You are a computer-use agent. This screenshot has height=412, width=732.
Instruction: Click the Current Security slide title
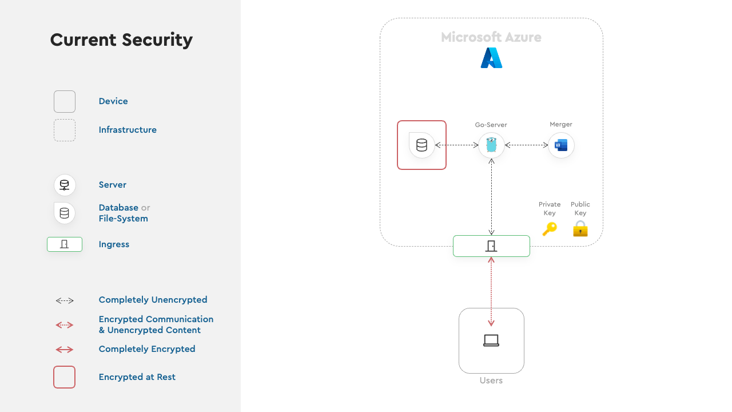(x=121, y=40)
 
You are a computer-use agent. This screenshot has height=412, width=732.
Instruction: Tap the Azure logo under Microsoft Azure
(x=491, y=58)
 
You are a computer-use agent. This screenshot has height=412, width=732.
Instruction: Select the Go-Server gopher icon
(x=491, y=145)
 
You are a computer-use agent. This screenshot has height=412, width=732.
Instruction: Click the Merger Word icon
(x=561, y=145)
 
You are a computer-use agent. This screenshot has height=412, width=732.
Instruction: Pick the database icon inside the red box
(x=421, y=145)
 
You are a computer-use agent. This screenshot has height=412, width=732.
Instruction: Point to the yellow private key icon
(x=550, y=228)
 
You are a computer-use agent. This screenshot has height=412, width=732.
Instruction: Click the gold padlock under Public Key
(x=580, y=228)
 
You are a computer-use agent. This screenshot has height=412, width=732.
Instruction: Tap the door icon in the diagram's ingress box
(x=491, y=246)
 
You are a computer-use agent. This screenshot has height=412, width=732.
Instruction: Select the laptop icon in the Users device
(x=491, y=340)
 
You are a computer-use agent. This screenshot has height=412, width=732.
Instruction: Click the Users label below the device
(x=491, y=381)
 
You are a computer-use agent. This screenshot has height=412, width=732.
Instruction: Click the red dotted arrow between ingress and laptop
(x=491, y=292)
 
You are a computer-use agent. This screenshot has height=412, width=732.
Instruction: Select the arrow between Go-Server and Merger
(x=526, y=145)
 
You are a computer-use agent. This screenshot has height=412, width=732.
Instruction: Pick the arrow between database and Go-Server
(x=456, y=145)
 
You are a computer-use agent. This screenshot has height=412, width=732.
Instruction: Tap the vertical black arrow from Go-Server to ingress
(x=491, y=197)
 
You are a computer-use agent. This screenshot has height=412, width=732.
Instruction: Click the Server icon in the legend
(x=65, y=185)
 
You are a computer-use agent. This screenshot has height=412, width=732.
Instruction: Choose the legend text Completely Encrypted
(x=147, y=349)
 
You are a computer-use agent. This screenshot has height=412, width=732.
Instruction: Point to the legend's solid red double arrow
(x=65, y=350)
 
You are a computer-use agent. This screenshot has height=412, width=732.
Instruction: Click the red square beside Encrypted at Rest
(x=65, y=377)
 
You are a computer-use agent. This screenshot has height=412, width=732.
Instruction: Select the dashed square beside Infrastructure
(x=65, y=130)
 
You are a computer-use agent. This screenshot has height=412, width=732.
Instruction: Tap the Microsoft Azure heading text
(x=491, y=37)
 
